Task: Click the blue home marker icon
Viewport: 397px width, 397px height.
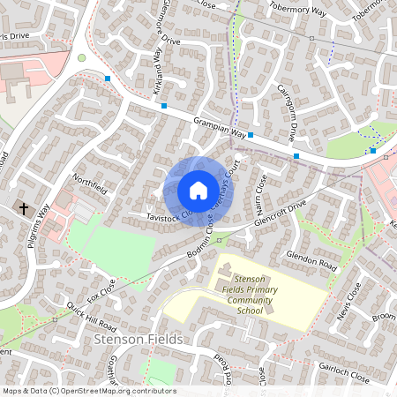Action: [198, 191]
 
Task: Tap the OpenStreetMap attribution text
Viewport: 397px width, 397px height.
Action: [89, 391]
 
